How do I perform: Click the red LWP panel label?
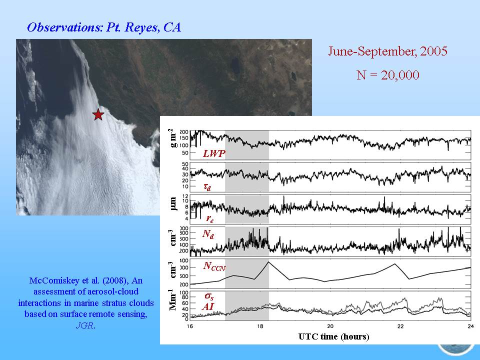214,153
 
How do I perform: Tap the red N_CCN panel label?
214,266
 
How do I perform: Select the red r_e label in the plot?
209,218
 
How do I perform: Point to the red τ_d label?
207,186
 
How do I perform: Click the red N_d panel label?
208,234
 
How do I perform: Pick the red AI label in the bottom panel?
208,306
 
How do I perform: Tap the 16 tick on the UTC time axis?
190,326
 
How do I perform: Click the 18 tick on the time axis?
260,326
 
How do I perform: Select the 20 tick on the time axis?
330,326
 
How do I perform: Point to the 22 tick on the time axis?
400,326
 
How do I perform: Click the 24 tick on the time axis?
470,326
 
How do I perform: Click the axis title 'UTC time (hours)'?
333,336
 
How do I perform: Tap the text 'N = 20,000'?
388,75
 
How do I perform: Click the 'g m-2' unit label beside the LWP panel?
173,138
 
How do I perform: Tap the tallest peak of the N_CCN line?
268,261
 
